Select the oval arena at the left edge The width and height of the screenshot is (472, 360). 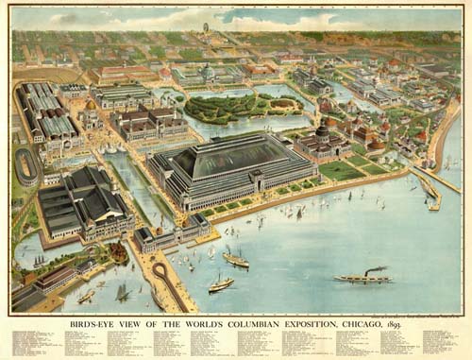(26, 166)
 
